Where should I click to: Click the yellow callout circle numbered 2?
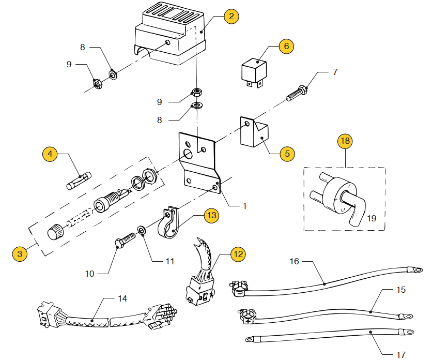click(231, 17)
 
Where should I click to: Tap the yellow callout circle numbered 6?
click(286, 46)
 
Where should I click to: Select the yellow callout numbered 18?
click(345, 140)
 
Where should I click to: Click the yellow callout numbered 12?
click(238, 254)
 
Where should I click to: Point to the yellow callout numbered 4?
click(50, 154)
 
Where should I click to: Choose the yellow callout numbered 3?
click(20, 254)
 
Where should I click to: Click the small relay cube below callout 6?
click(254, 70)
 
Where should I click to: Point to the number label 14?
click(122, 298)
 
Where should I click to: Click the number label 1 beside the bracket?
click(245, 206)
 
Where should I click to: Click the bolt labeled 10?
click(123, 241)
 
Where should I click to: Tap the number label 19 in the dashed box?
click(372, 218)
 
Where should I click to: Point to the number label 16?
click(294, 261)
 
